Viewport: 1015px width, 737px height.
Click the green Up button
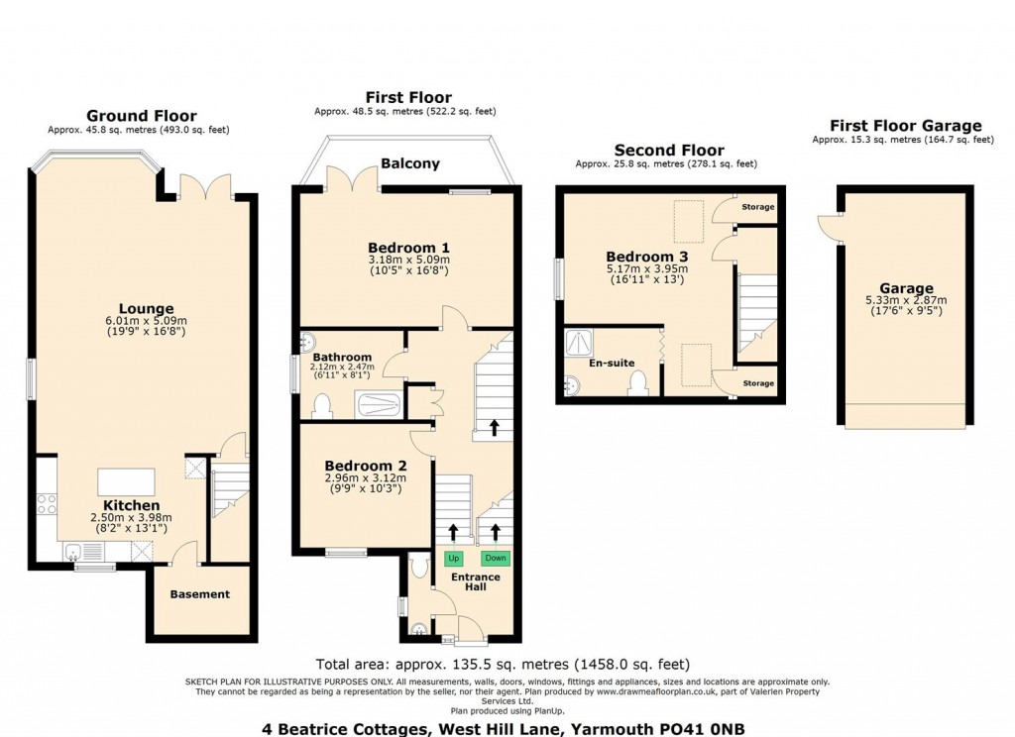454,558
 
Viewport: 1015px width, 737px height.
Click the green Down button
496,558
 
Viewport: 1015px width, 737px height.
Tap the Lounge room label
147,309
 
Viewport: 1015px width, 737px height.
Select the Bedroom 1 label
408,248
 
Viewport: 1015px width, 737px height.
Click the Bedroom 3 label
646,257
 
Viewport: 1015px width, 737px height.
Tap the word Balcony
409,163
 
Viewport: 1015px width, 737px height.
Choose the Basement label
199,594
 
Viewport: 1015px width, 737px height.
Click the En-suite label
612,364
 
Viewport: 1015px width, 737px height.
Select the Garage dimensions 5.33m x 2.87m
905,300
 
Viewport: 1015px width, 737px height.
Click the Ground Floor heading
141,116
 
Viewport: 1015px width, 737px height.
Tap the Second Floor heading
668,151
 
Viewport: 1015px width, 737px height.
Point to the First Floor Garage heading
905,126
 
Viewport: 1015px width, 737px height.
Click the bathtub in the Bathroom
379,404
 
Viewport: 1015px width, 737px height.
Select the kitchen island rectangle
126,481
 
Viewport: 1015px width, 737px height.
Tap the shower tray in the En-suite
577,343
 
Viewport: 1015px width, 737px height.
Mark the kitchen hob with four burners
47,502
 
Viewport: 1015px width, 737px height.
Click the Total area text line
502,664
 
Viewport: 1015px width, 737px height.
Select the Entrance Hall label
476,581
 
